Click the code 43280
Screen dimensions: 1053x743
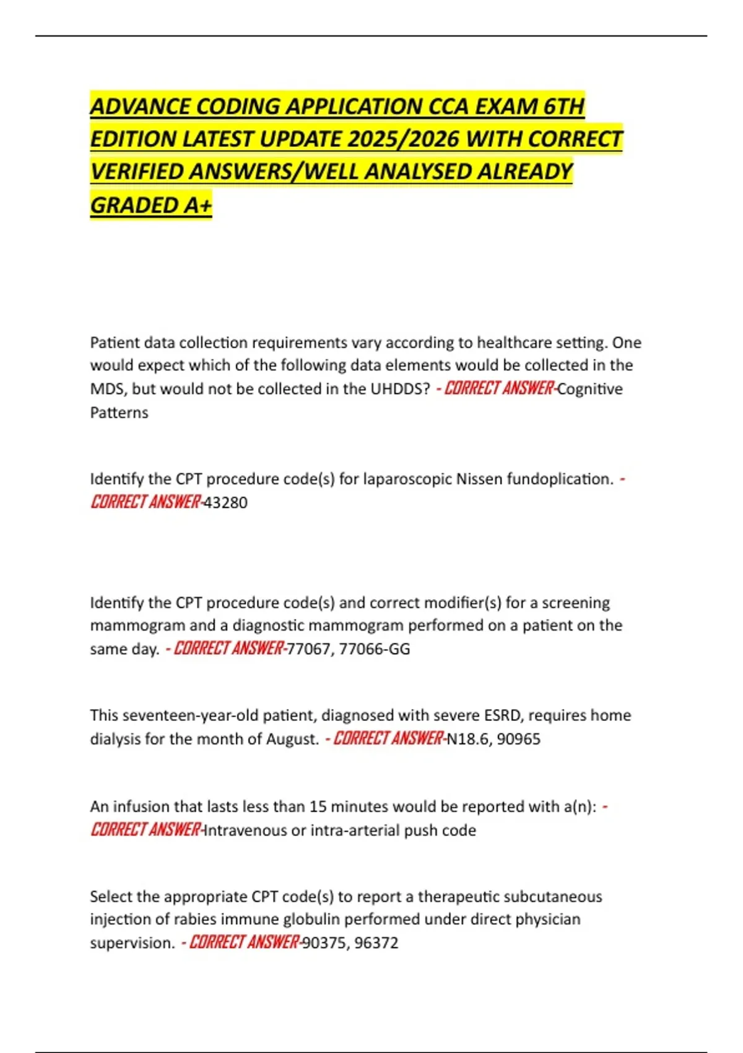coord(226,502)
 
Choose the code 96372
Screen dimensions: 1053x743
coord(376,943)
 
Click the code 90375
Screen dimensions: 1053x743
coord(323,943)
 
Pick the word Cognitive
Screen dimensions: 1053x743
coord(590,389)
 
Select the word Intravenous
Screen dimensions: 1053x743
coord(245,830)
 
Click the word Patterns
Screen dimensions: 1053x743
coord(119,413)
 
